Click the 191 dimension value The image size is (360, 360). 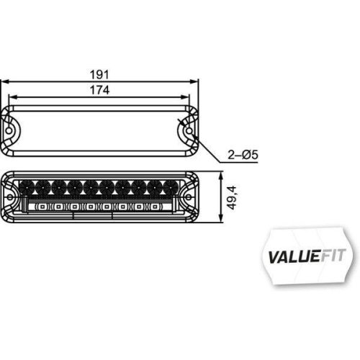point(102,74)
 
